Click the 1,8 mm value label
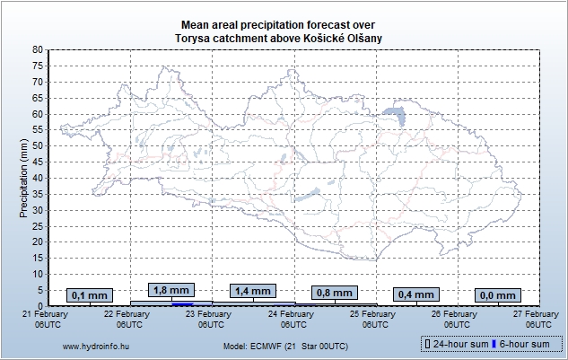click(x=171, y=290)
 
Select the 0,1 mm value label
click(x=89, y=295)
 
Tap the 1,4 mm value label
click(x=251, y=291)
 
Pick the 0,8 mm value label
click(x=334, y=292)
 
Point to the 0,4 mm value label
click(x=415, y=294)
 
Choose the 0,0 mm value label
click(x=497, y=295)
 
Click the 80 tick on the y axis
click(x=37, y=49)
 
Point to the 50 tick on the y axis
click(x=37, y=145)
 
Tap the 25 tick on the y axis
click(x=37, y=226)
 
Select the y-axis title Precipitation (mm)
click(x=23, y=177)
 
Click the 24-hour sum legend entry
click(x=458, y=344)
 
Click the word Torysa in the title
click(x=191, y=38)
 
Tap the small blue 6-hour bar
click(x=182, y=303)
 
